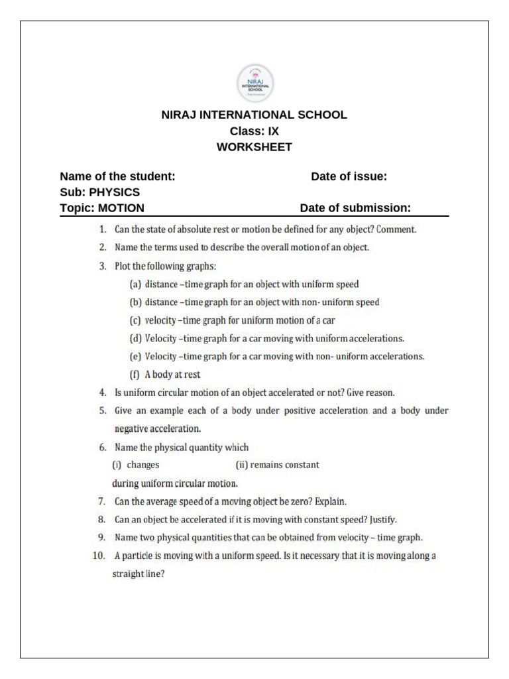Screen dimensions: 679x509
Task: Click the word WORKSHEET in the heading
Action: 254,147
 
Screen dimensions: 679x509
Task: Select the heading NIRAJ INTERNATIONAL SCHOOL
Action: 254,115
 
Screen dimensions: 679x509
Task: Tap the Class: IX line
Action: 254,131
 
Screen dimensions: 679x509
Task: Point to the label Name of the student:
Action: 117,176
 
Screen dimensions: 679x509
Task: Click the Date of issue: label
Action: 349,176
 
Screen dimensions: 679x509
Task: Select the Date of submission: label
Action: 355,208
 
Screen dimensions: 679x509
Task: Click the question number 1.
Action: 103,230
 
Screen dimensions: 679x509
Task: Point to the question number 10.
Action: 99,556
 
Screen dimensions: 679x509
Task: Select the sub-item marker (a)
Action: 135,284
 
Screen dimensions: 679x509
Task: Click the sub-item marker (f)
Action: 135,374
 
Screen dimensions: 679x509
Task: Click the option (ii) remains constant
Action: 277,465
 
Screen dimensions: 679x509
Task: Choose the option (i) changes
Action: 136,465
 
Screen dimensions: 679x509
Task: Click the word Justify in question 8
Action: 383,519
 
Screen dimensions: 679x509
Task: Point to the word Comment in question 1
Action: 396,230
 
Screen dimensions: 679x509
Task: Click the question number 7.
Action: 103,501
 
